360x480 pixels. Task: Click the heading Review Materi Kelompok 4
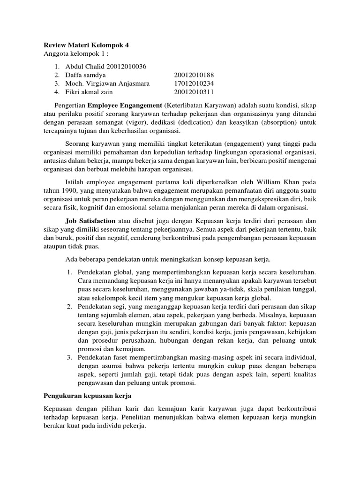(x=86, y=45)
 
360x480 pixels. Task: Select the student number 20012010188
(x=194, y=75)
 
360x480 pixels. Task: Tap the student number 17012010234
(x=194, y=83)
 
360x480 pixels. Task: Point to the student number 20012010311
(x=194, y=92)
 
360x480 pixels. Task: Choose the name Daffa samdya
(x=85, y=75)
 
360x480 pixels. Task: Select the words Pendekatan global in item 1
(x=100, y=272)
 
